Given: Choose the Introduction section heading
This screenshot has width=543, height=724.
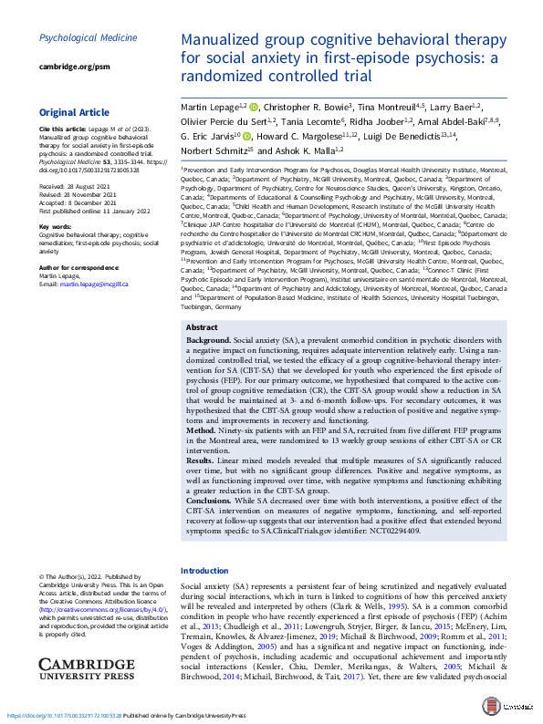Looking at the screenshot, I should click(x=205, y=570).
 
